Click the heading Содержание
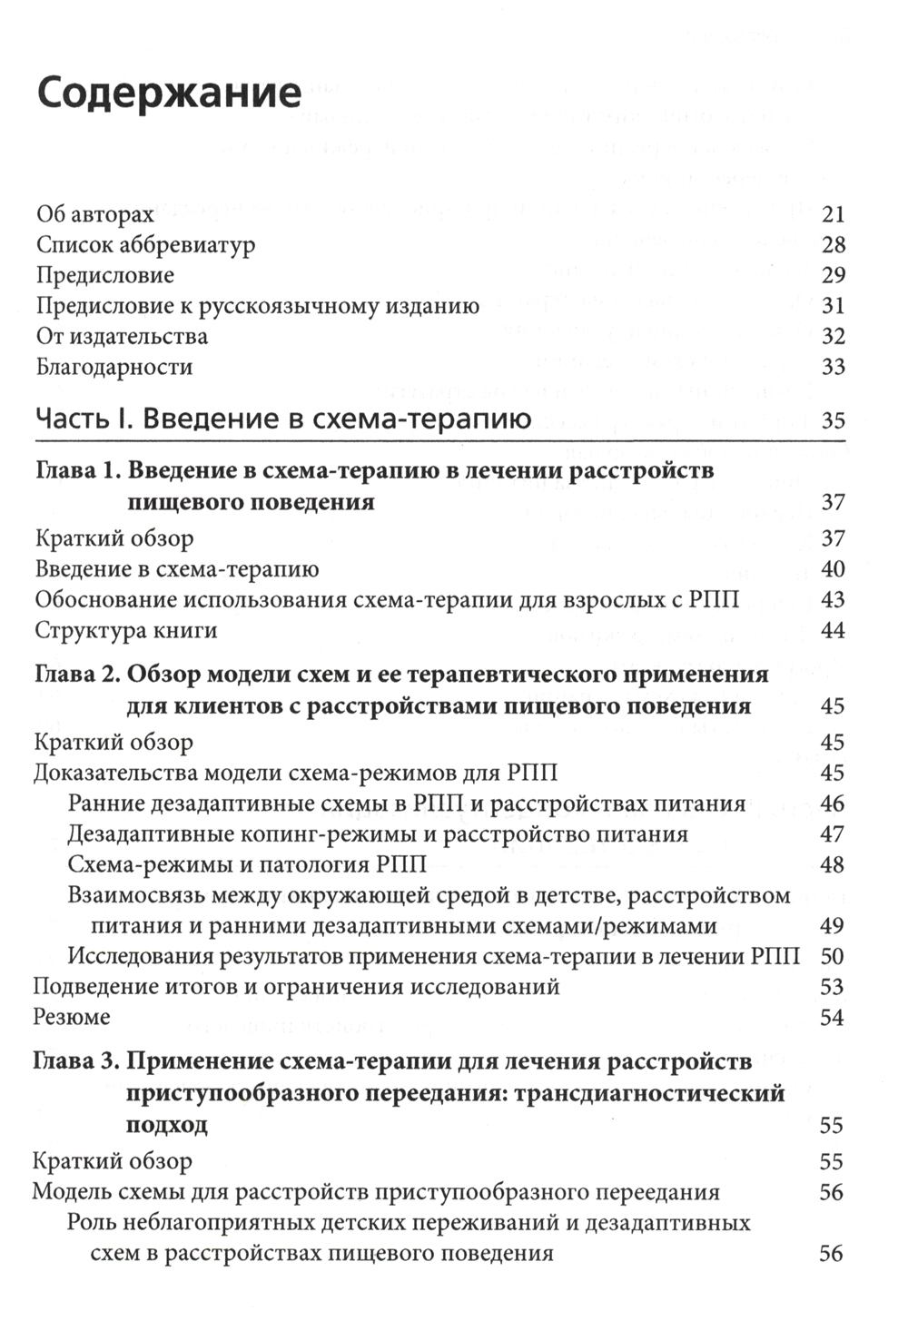click(169, 94)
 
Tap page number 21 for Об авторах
click(833, 214)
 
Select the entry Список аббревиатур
click(145, 245)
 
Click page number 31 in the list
click(833, 306)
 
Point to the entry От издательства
click(122, 337)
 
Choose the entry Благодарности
click(114, 368)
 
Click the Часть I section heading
click(282, 419)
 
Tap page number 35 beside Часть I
click(833, 420)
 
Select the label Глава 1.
click(77, 471)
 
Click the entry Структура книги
click(126, 630)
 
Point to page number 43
click(833, 600)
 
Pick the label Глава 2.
click(77, 675)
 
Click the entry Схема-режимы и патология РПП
click(247, 864)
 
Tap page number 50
click(833, 956)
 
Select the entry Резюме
click(72, 1017)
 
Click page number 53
click(833, 987)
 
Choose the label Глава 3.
click(76, 1061)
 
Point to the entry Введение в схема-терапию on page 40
click(177, 569)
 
